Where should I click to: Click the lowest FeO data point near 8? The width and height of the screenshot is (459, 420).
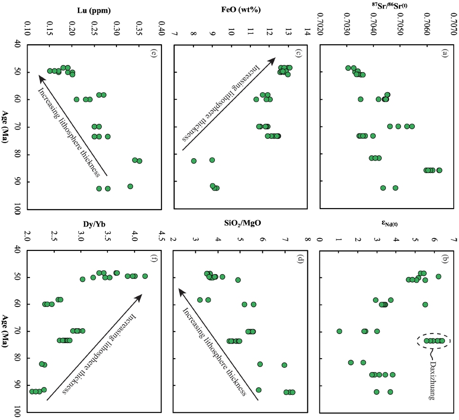[x=194, y=161]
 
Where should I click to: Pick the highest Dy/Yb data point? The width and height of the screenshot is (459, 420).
[x=145, y=276]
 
